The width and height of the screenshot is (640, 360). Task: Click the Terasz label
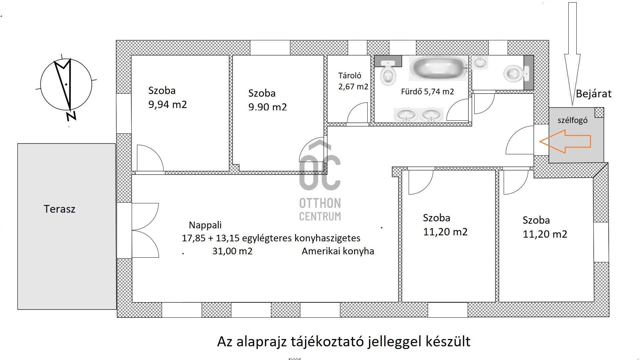[59, 209]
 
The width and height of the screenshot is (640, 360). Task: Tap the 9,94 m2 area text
[168, 104]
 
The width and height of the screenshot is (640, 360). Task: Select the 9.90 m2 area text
[267, 107]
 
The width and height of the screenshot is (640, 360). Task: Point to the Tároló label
[350, 76]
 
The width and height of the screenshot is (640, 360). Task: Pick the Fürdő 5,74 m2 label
[427, 92]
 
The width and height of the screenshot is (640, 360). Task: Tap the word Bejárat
[594, 94]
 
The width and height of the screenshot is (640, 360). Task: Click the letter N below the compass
[71, 116]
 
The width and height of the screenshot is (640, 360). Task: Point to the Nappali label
[205, 225]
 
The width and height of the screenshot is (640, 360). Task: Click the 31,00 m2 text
[232, 251]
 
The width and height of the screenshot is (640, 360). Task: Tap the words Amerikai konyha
[338, 251]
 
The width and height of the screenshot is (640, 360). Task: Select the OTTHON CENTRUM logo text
[320, 209]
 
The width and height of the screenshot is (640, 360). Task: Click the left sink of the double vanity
[406, 115]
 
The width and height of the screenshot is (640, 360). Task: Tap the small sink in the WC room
[480, 62]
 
